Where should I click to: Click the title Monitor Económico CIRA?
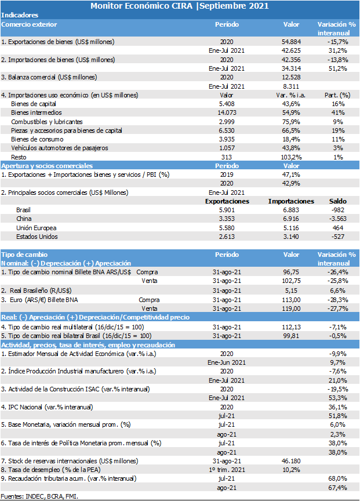(141, 6)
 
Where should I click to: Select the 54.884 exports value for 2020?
(291, 42)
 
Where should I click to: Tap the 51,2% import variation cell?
(337, 68)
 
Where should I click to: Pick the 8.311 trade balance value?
(291, 86)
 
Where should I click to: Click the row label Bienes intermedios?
(37, 112)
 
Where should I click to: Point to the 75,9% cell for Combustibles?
(291, 122)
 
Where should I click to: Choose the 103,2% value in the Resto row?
(291, 157)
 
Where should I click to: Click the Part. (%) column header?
(337, 95)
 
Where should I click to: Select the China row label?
(24, 219)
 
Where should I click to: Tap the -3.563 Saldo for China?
(337, 219)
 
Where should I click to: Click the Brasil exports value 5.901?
(227, 210)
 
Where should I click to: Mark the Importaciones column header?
(291, 201)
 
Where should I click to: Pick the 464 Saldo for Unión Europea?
(337, 228)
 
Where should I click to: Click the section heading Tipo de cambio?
(24, 255)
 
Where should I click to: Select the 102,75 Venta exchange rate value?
(291, 281)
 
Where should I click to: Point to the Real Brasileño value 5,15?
(291, 291)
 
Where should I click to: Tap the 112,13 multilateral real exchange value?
(291, 327)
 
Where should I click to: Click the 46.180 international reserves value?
(291, 461)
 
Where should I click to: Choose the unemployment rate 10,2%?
(291, 470)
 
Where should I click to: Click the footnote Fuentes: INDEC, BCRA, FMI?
(39, 496)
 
